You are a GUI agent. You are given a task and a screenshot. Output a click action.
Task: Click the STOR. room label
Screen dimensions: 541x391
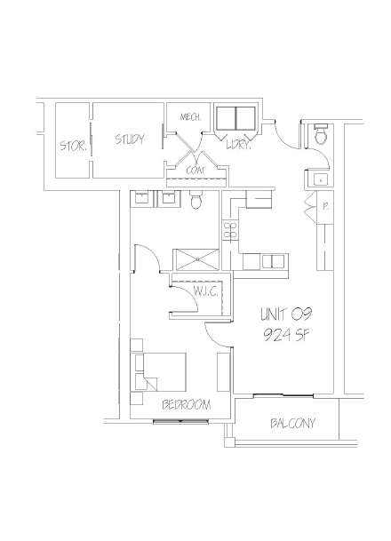[73, 146]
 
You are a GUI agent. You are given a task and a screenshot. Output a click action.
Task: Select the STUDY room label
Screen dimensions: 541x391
[130, 139]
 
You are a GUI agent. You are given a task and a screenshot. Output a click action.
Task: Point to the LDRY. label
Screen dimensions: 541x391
[239, 145]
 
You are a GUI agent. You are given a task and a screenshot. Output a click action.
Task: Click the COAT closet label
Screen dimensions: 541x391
[196, 170]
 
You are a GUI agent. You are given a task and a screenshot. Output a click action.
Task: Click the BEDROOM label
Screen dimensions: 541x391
[187, 405]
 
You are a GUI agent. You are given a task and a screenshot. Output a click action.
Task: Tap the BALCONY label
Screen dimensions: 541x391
[292, 424]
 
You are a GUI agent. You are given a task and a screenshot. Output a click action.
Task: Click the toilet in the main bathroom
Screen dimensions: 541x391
[196, 201]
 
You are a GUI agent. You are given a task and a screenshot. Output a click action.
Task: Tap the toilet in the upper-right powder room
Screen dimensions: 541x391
[320, 137]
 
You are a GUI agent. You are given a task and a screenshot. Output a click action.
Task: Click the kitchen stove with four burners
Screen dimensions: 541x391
[229, 231]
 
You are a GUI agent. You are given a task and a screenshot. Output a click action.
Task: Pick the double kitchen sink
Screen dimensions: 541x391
[273, 260]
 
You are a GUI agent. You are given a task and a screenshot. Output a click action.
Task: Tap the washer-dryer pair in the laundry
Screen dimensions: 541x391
[235, 119]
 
